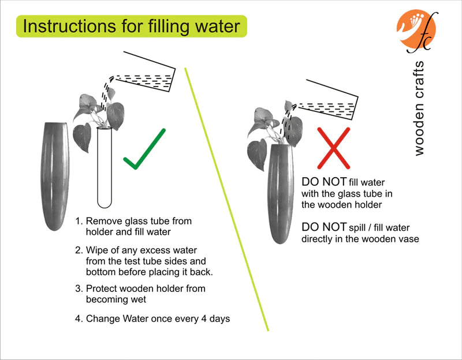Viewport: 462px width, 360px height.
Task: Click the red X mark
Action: (334, 148)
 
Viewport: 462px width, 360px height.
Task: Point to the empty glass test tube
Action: (105, 167)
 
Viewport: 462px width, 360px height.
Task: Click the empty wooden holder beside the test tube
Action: (55, 176)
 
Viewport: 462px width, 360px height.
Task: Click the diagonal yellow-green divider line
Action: (226, 199)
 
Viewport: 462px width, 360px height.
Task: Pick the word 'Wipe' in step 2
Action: (97, 251)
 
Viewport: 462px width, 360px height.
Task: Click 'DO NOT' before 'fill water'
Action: (324, 182)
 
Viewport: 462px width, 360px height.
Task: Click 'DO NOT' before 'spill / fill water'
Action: (324, 227)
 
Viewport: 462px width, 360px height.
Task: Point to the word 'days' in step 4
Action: (219, 319)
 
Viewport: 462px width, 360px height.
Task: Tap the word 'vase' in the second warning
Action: (408, 239)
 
